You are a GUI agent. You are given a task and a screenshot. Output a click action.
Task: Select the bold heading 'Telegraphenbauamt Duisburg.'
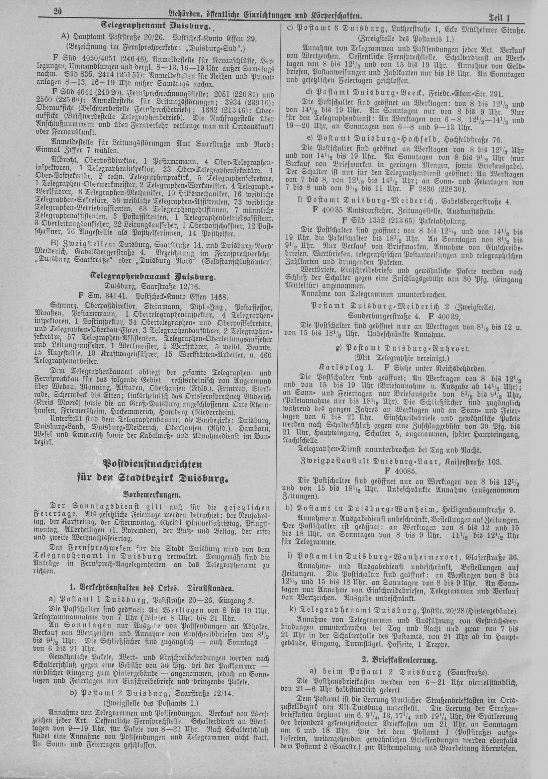click(154, 277)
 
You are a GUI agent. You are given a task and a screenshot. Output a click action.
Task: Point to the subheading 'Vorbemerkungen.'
click(154, 495)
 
